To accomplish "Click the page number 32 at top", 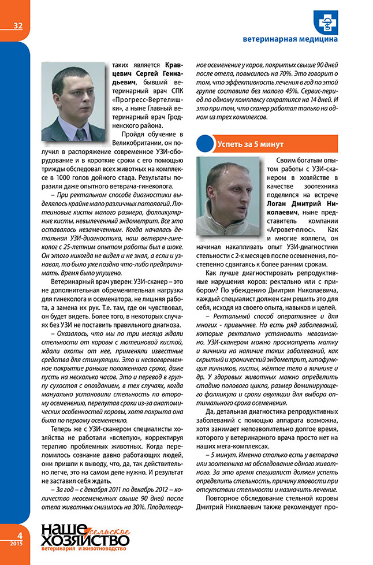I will click(17, 25).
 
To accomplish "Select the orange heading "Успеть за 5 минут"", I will click(250, 143).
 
